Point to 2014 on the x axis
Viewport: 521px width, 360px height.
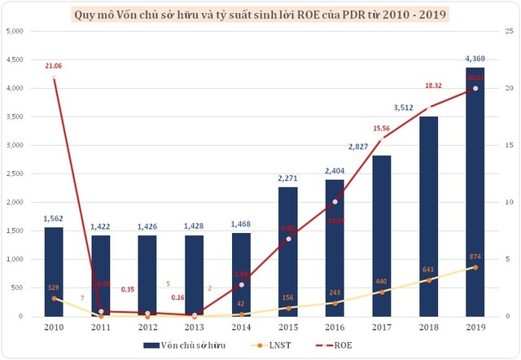(242, 326)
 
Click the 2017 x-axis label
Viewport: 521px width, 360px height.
(382, 326)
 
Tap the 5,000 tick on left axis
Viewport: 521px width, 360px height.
(15, 31)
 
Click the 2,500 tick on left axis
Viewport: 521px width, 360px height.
(15, 173)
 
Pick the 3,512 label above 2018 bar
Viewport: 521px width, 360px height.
(427, 107)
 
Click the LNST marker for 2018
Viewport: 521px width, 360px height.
(428, 280)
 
